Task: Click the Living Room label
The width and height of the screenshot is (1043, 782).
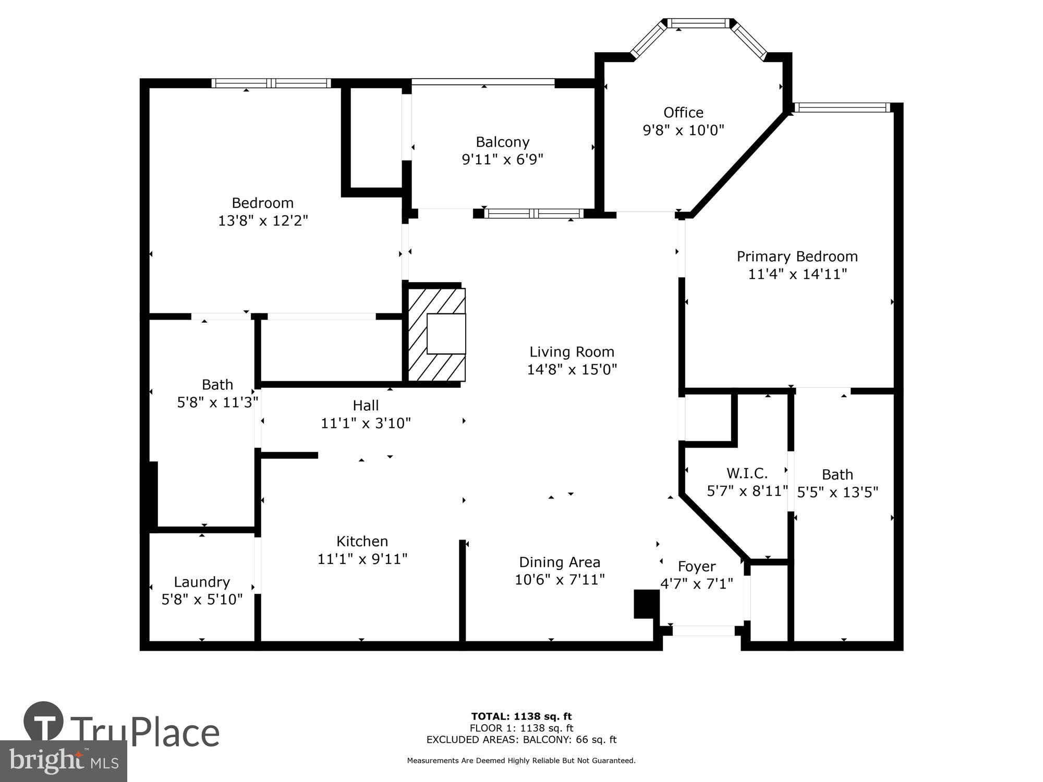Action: [572, 352]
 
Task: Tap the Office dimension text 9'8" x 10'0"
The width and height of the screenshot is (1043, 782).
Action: [683, 130]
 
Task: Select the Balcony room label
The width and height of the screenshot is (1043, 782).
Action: [502, 142]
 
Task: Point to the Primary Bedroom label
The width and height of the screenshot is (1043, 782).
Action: [797, 256]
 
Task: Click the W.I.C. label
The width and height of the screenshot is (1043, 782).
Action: [747, 473]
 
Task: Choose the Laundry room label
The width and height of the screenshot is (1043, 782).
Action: [202, 582]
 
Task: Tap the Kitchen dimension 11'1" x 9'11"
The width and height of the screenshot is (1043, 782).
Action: [362, 559]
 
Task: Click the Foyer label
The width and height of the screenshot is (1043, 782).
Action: [696, 566]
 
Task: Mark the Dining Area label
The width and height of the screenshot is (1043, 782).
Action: [560, 562]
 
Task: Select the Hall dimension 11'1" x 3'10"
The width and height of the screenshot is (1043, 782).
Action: [366, 423]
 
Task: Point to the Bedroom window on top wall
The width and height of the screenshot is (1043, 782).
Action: [271, 83]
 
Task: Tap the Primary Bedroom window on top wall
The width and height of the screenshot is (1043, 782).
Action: [842, 107]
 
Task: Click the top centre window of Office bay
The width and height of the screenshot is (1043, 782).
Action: [699, 23]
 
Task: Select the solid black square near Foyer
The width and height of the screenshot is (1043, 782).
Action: [646, 604]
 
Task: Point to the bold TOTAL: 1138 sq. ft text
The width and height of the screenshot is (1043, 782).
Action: [521, 716]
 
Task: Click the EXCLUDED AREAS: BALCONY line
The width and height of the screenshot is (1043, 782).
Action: [521, 740]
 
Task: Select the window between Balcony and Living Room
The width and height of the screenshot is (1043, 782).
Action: [533, 213]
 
